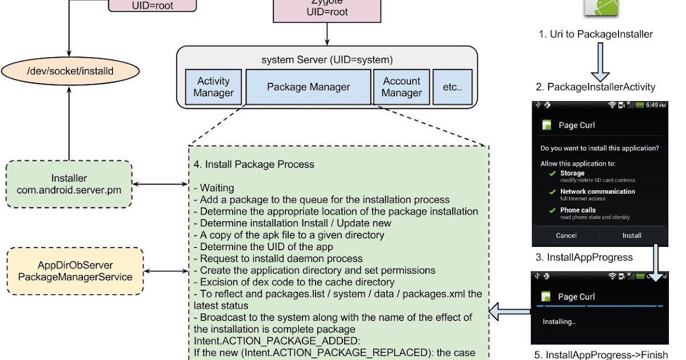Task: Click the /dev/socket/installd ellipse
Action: coord(69,73)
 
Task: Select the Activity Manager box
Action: coord(213,87)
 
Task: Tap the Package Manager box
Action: coord(308,87)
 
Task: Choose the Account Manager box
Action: coord(401,87)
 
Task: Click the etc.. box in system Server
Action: coord(452,87)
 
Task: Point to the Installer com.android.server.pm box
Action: coord(69,184)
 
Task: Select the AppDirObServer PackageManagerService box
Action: coord(75,271)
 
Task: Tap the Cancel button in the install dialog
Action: coord(566,235)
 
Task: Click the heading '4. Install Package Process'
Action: coord(254,165)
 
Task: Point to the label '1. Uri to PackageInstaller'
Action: coord(595,34)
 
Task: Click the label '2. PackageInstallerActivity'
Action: coord(595,87)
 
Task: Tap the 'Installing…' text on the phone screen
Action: coord(559,322)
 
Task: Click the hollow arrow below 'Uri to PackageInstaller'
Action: coord(600,61)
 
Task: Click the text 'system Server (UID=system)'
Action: coord(327,59)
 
